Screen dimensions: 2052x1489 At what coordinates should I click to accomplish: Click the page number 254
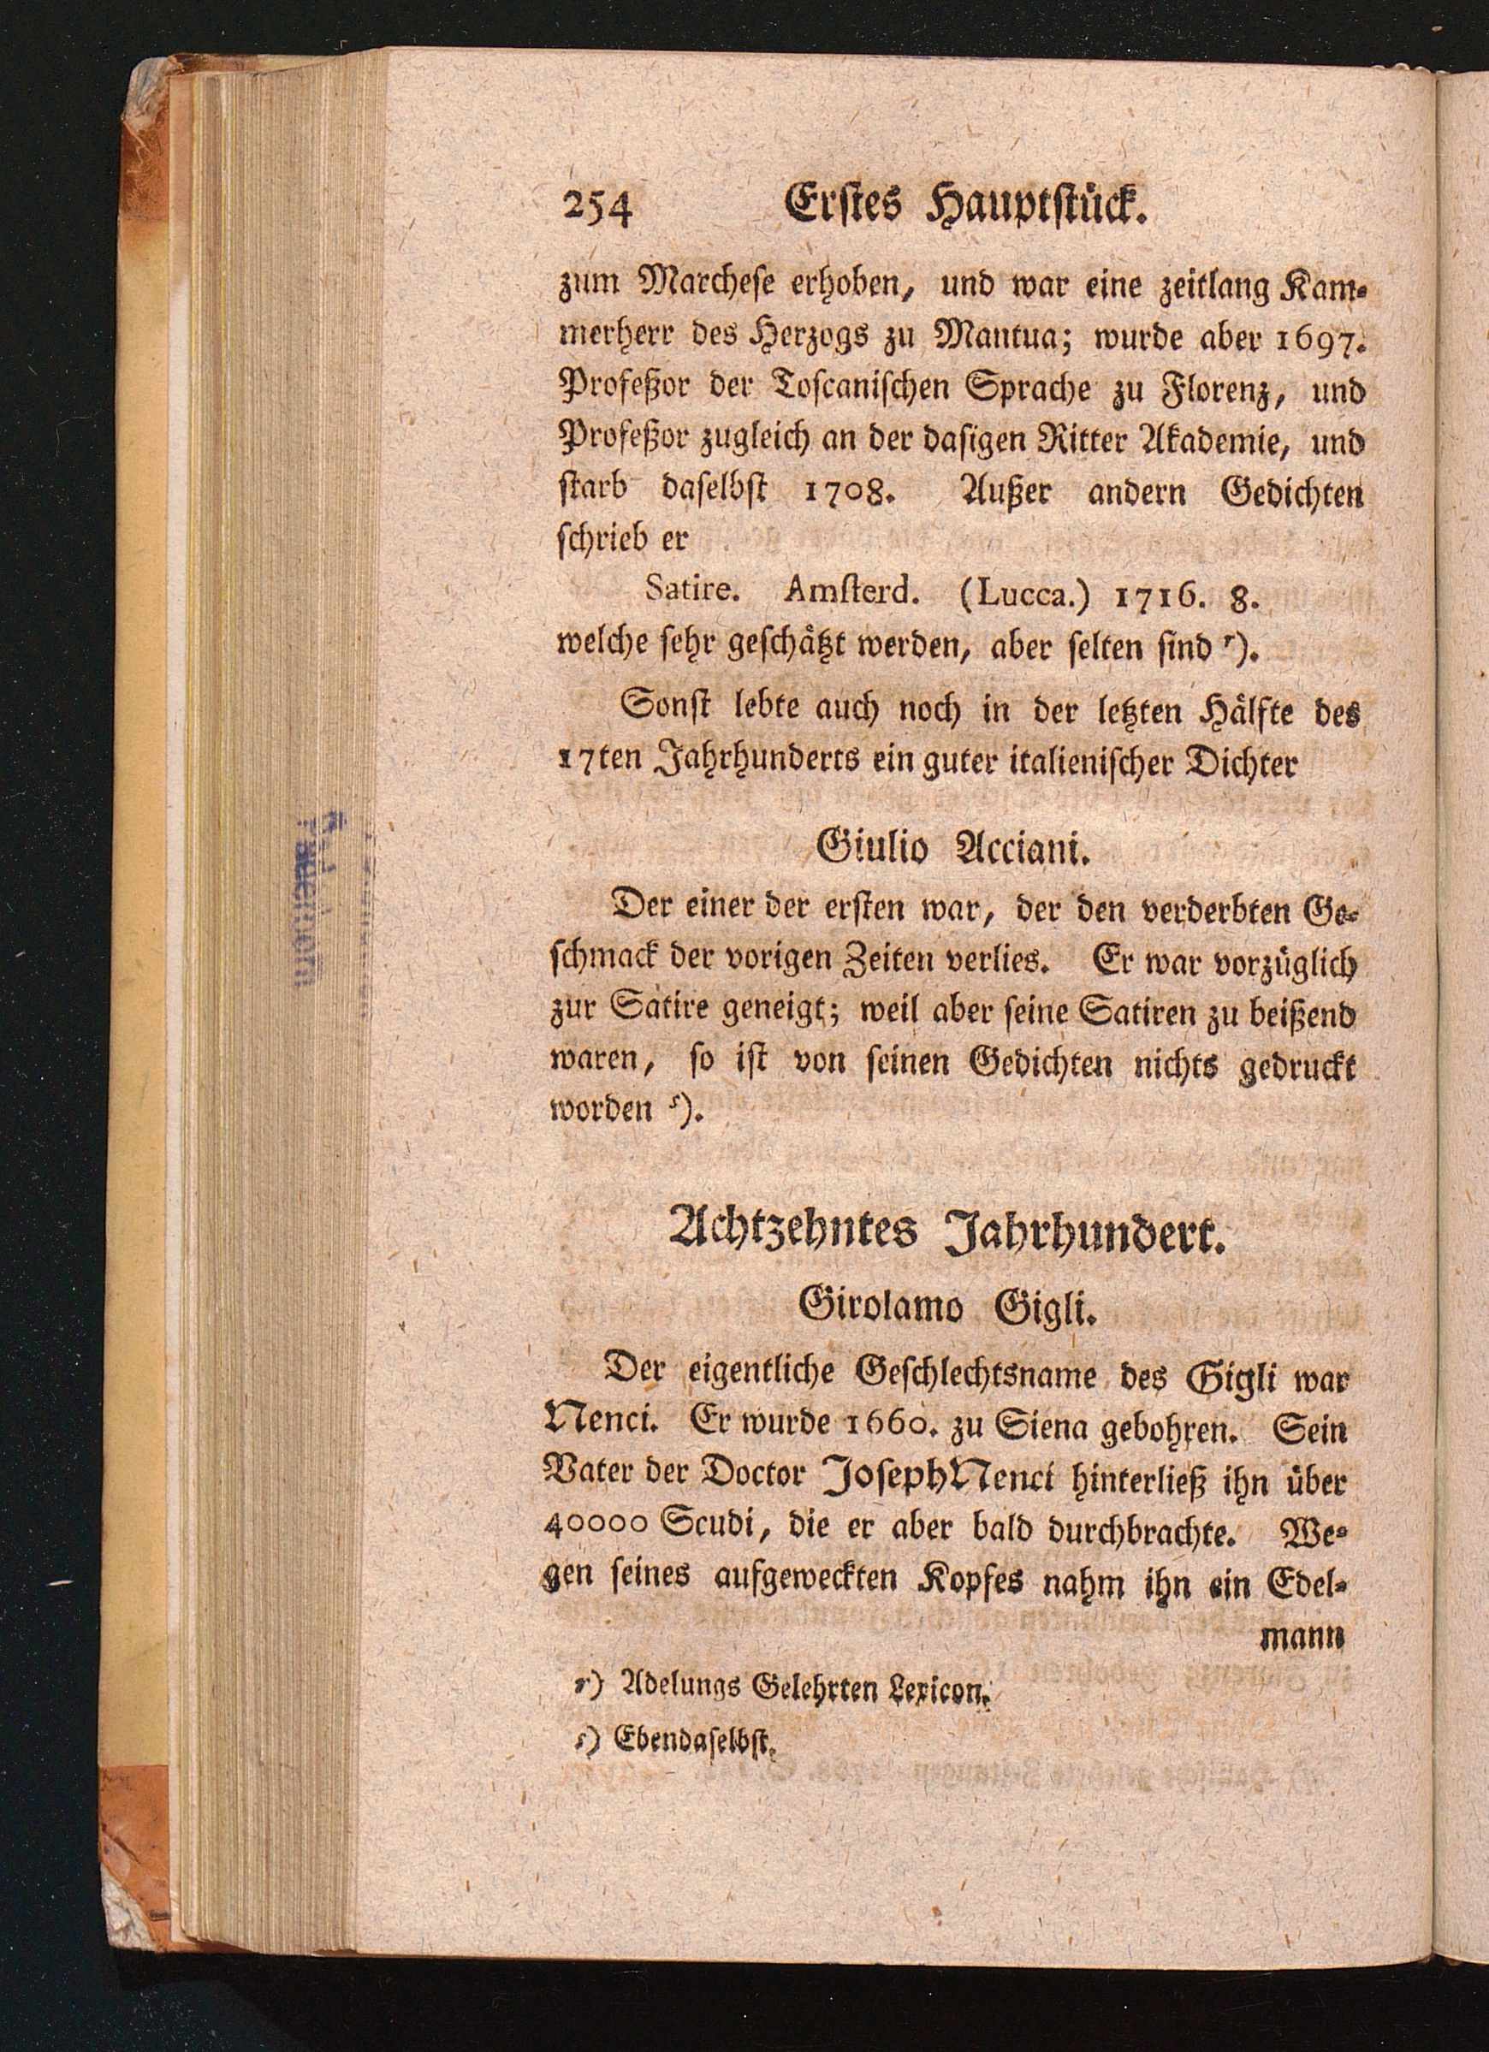[598, 216]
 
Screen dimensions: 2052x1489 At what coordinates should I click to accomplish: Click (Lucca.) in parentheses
[1019, 594]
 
